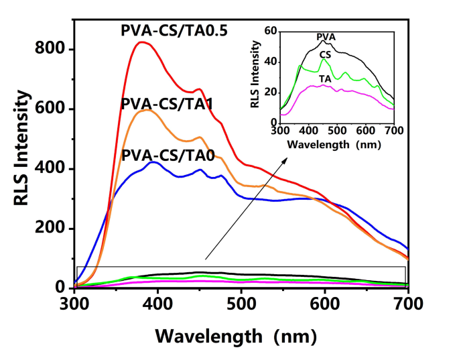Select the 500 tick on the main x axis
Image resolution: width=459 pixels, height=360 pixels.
coord(241,303)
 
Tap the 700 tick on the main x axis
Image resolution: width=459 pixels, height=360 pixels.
coord(408,303)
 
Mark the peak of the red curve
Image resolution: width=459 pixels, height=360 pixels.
coord(141,42)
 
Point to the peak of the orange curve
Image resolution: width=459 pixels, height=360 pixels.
coord(146,110)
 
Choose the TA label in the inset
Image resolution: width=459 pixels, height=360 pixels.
coord(324,78)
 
